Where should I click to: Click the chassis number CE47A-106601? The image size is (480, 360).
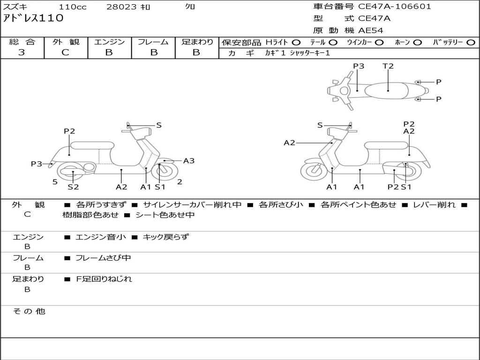click(395, 7)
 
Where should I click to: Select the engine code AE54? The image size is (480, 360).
click(371, 30)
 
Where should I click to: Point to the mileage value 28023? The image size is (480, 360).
click(121, 7)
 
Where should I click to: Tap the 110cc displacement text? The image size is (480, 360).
click(72, 7)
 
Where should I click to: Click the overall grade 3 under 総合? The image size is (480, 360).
click(22, 52)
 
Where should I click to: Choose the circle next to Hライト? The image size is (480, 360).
click(297, 42)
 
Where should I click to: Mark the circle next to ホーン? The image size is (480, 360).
click(418, 42)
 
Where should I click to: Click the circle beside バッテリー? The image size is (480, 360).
click(471, 42)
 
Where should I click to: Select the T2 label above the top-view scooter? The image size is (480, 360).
click(388, 66)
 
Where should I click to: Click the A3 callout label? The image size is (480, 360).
click(189, 161)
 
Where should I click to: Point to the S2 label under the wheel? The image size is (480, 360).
click(73, 187)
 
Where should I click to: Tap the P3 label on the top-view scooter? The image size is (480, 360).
click(359, 66)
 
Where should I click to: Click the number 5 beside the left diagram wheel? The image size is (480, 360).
click(55, 182)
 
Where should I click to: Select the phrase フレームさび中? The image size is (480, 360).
click(103, 258)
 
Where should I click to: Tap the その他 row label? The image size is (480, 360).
click(29, 311)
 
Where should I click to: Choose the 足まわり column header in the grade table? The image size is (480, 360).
click(197, 42)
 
